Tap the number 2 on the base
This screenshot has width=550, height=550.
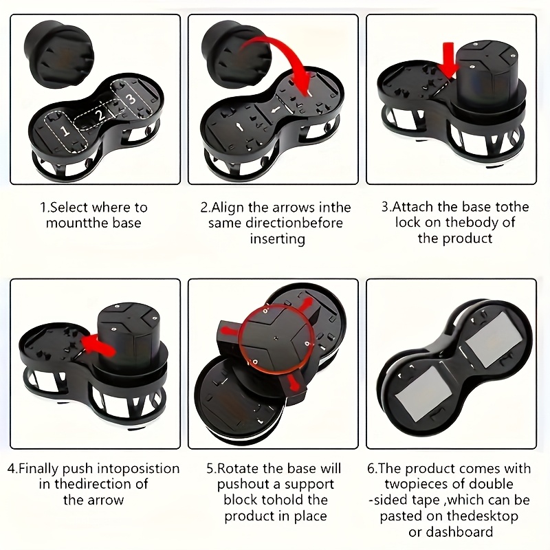tap(101, 115)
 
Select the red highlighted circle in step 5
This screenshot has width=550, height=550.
tap(274, 336)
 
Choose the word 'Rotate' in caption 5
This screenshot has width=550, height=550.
tap(239, 469)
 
